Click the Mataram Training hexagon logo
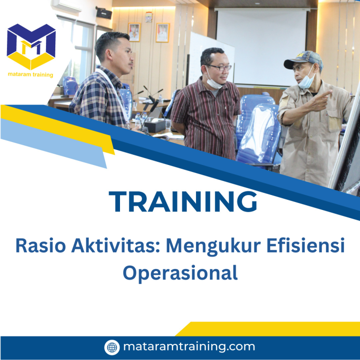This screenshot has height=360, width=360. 31,46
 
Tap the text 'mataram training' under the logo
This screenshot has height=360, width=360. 31,75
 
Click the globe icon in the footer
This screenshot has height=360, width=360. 112,347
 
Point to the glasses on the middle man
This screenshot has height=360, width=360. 219,67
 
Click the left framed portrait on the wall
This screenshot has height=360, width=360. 134,32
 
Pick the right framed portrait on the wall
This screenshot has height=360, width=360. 162,32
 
